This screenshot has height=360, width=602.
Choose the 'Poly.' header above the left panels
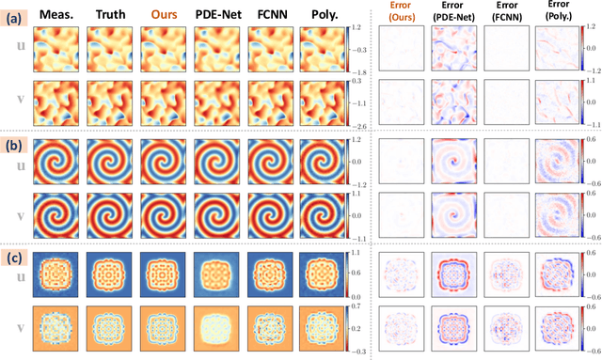tap(324, 12)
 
